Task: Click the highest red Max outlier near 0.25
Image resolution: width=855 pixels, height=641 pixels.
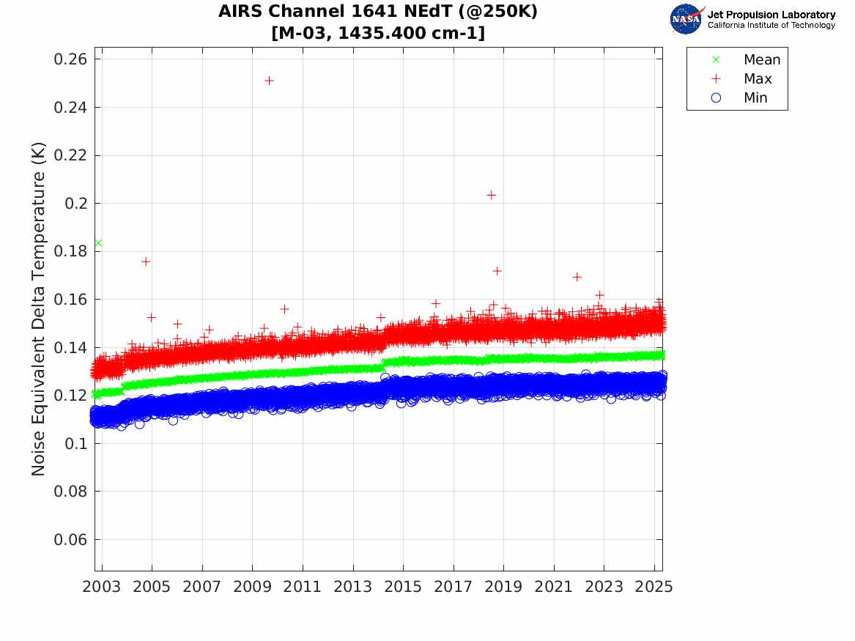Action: (269, 81)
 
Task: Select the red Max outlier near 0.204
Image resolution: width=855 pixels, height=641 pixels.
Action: (491, 195)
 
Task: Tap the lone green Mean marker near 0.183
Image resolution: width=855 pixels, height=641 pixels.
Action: (98, 243)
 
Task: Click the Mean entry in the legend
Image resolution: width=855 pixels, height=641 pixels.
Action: (762, 60)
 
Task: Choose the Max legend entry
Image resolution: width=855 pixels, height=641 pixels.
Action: (758, 79)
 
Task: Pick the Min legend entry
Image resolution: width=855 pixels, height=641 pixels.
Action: (755, 98)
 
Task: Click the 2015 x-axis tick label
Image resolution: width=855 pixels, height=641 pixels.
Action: (403, 587)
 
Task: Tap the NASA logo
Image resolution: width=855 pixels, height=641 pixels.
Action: (686, 18)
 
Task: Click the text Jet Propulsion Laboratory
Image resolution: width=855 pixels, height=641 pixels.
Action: (771, 15)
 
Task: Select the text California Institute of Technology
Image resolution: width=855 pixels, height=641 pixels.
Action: (771, 26)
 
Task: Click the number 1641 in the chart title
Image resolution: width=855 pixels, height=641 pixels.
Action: (367, 12)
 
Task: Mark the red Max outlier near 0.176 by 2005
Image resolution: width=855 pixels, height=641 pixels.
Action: (146, 262)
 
